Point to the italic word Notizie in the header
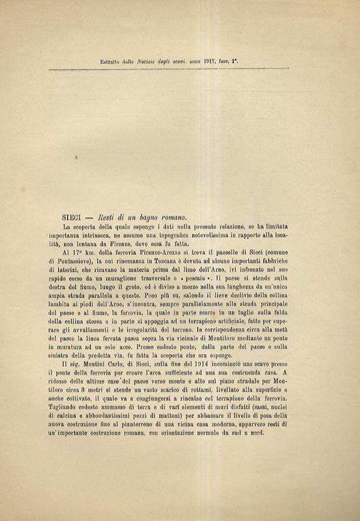(x=148, y=61)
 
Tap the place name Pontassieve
(x=81, y=260)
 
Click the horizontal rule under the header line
(x=180, y=69)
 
